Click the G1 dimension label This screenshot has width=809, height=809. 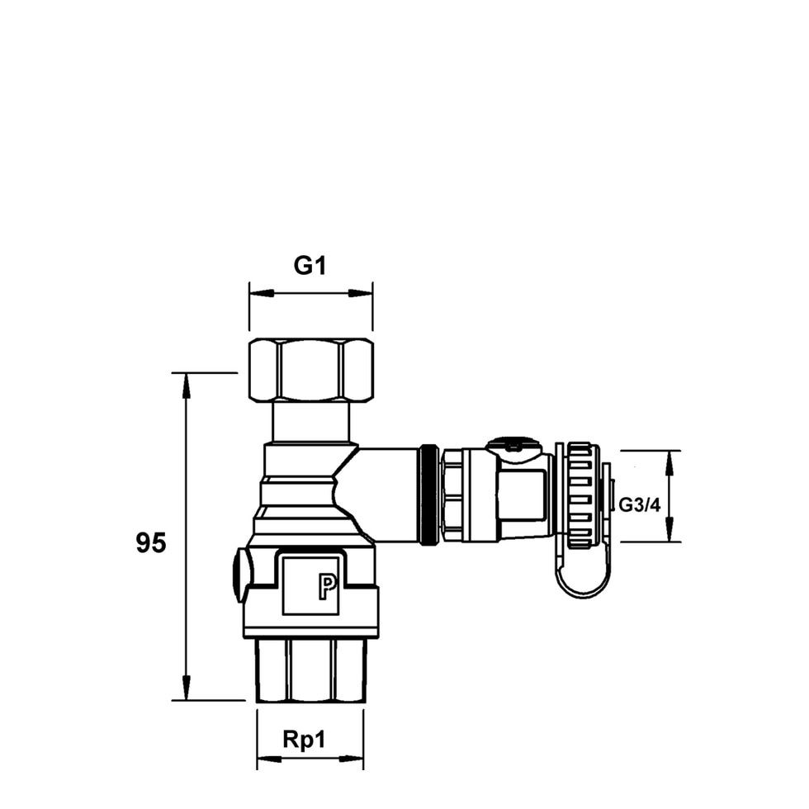click(310, 266)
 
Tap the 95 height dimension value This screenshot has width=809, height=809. click(151, 543)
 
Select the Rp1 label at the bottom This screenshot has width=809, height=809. click(305, 740)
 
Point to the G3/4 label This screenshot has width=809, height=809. click(639, 504)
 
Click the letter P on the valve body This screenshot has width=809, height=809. click(327, 587)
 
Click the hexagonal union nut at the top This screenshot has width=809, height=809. click(311, 371)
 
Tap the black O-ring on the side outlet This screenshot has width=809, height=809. click(428, 494)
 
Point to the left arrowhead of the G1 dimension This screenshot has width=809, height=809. click(261, 293)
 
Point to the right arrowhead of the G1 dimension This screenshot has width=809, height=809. click(361, 293)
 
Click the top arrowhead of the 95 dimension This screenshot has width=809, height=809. click(187, 385)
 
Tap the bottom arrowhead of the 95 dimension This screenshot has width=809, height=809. click(187, 688)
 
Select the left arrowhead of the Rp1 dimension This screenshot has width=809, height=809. click(269, 759)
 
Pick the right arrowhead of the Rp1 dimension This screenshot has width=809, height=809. click(352, 759)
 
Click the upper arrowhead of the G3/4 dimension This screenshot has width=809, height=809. click(669, 463)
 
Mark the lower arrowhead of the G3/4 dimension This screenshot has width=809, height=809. click(669, 529)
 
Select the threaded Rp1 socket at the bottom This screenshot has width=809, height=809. click(311, 670)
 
